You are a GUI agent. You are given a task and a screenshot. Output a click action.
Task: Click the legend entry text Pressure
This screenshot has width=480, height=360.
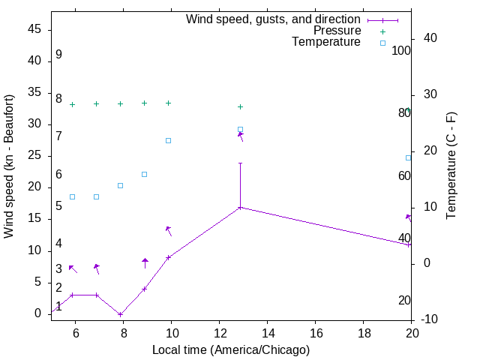pos(337,31)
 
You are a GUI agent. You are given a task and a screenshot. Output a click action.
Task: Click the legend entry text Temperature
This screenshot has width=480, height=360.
pos(326,42)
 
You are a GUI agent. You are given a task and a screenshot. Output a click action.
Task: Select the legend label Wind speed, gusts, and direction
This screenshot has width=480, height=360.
pos(274,19)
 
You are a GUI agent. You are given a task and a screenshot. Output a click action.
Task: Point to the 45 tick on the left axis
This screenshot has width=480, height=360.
pos(34,30)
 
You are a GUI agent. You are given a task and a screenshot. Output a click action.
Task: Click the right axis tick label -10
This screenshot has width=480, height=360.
pos(431,319)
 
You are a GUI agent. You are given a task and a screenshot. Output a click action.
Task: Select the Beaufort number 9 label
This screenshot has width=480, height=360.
pos(58,55)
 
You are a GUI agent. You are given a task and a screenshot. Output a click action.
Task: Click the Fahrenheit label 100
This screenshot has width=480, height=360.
pos(401,51)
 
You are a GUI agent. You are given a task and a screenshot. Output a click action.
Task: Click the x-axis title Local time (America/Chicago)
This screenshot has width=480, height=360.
pos(230,349)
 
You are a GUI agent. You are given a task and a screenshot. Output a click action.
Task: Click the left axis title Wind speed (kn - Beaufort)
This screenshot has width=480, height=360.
pos(9,166)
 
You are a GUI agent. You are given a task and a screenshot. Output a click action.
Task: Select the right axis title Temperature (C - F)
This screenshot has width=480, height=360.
pos(451,166)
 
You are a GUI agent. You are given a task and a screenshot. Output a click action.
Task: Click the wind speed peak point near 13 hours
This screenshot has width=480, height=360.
pos(240,207)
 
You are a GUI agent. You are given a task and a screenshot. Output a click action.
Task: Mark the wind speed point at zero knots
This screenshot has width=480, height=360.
pos(120,314)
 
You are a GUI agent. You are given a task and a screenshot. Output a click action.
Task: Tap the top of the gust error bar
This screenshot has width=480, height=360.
pos(240,163)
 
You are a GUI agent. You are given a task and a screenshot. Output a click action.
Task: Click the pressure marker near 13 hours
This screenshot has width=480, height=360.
pos(240,106)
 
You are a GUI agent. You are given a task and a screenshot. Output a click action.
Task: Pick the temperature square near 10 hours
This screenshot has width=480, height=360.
pos(168,140)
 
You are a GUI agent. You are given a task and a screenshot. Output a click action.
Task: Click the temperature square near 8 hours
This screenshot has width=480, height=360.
pos(120,185)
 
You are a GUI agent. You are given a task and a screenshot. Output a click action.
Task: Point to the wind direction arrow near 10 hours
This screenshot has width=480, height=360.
pos(169,230)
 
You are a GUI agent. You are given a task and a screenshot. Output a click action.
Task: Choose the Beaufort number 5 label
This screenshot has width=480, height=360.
pos(58,206)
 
